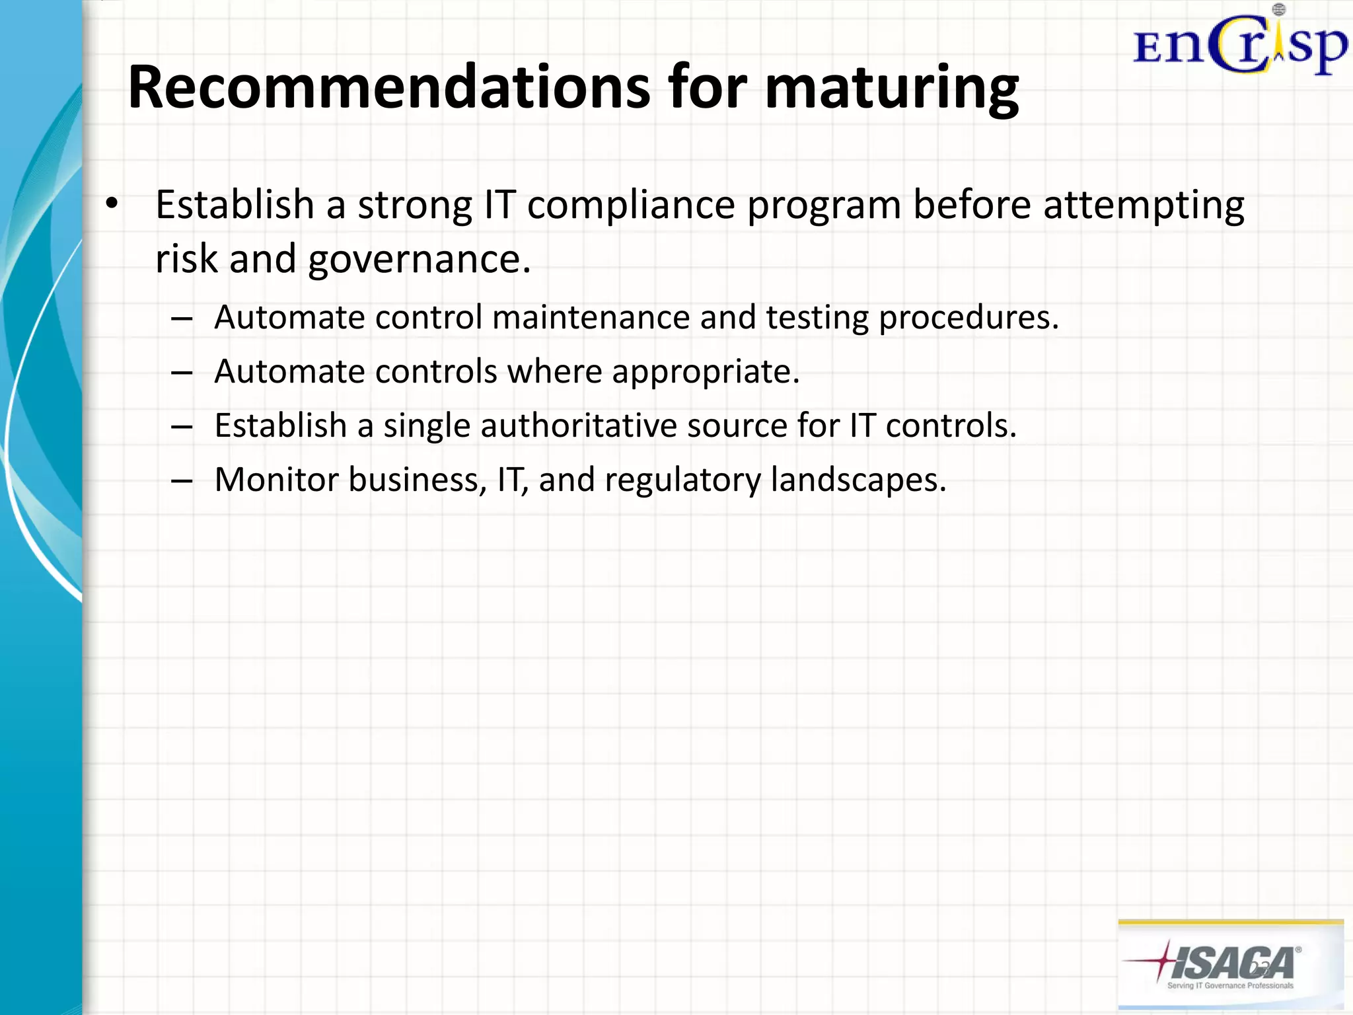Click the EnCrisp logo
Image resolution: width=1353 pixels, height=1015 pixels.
pyautogui.click(x=1240, y=43)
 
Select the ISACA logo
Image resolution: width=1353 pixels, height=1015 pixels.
pyautogui.click(x=1230, y=963)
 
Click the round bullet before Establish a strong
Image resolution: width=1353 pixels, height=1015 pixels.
pyautogui.click(x=112, y=204)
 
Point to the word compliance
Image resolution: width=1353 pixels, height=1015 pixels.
pyautogui.click(x=631, y=206)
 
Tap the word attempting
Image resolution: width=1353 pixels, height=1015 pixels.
pyautogui.click(x=1144, y=206)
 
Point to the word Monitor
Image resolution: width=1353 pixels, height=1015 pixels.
pyautogui.click(x=276, y=480)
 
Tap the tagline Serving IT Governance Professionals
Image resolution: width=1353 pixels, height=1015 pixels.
pyautogui.click(x=1230, y=985)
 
